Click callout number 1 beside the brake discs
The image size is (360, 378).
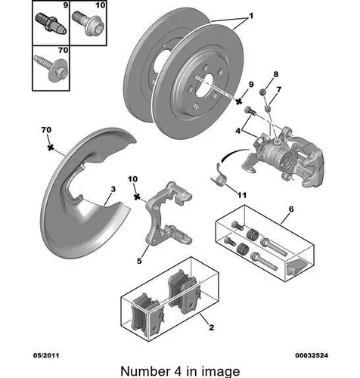coord(251,16)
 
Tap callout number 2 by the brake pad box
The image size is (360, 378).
coord(212,327)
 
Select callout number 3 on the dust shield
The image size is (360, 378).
coord(113,189)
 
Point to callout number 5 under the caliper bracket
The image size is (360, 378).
coord(139,261)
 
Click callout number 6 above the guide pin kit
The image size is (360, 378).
coord(291,209)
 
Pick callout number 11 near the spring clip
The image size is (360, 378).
coord(241,195)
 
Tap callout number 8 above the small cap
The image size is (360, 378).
coord(276,74)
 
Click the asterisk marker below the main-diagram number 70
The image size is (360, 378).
coord(51,147)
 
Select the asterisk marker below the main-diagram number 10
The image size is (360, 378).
coord(137,197)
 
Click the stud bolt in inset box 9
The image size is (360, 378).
coord(51,24)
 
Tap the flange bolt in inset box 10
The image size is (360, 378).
coord(88,25)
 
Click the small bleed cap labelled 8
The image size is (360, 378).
coord(263,92)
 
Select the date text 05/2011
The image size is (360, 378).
coord(46,355)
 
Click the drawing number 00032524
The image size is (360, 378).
coord(312,355)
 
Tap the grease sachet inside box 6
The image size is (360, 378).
coord(297,267)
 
